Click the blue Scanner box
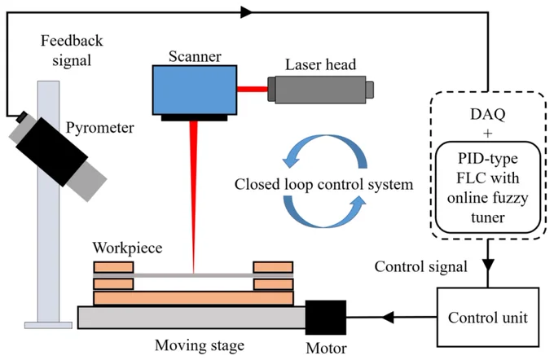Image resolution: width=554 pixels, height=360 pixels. [x=195, y=90]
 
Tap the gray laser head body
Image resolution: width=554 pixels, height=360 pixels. [x=320, y=90]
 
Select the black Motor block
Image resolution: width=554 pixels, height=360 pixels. [x=326, y=318]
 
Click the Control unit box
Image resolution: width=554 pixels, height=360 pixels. [x=488, y=318]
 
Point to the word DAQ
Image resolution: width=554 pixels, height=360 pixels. [x=487, y=114]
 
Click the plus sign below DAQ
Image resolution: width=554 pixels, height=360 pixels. [x=487, y=134]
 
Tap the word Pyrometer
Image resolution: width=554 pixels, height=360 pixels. [x=100, y=128]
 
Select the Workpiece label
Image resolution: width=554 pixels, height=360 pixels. [x=127, y=248]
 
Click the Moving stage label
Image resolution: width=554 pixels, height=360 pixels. [x=200, y=345]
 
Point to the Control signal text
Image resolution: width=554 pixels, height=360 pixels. [x=421, y=266]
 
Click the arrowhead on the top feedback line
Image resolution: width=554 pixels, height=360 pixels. [x=246, y=12]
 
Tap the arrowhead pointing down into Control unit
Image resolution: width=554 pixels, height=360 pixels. [x=488, y=266]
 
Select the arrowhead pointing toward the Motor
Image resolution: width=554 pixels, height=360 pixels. [x=388, y=317]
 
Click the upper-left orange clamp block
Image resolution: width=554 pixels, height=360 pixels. [x=113, y=267]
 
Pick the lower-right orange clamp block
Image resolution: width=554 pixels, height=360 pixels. [x=273, y=284]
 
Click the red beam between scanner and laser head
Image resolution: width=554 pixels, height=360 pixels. [x=253, y=89]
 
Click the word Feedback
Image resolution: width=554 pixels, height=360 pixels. [x=72, y=41]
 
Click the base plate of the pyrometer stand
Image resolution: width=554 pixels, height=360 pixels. [x=48, y=325]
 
